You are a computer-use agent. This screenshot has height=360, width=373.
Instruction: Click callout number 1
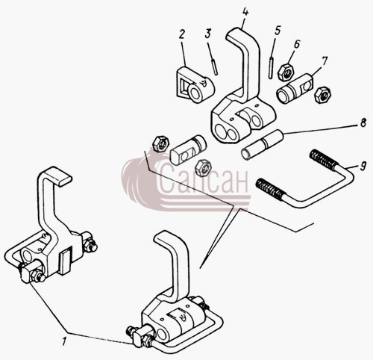pos(65,341)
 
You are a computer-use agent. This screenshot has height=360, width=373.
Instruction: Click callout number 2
pos(182,34)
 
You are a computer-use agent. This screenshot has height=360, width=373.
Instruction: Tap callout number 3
pos(208,34)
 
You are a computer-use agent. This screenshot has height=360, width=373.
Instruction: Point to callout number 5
pos(278,30)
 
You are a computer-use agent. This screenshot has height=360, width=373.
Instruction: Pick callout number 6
pos(296,44)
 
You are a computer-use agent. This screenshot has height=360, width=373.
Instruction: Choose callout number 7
pos(325,61)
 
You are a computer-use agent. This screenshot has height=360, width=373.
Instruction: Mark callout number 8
pos(363,123)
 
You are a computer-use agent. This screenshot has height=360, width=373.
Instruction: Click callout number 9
pos(363,166)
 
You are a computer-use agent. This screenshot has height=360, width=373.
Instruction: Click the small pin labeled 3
pos(215,66)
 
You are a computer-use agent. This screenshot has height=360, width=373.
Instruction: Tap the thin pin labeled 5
pos(271,68)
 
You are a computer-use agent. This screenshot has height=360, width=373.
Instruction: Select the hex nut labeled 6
pos(286,72)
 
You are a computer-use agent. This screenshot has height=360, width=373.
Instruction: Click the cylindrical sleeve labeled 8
pos(263,145)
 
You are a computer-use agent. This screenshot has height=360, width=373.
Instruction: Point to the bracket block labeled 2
pos(195,84)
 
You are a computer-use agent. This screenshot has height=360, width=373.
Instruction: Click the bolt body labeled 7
pos(295,89)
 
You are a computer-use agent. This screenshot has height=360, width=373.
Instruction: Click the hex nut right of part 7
pos(322,94)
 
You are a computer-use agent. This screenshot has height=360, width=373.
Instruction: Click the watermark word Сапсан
pos(204,179)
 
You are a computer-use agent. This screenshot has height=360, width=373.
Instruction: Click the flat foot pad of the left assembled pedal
pos(59,176)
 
